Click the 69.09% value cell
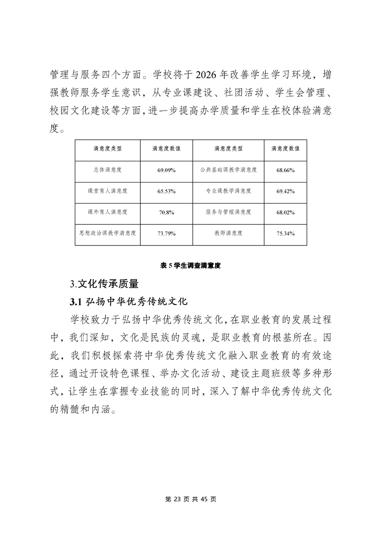pyautogui.click(x=166, y=170)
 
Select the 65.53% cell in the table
pyautogui.click(x=166, y=191)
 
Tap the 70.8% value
pyautogui.click(x=166, y=212)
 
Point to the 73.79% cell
pyautogui.click(x=166, y=233)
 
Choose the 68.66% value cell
pyautogui.click(x=285, y=170)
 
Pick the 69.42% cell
pyautogui.click(x=285, y=191)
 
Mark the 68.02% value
pyautogui.click(x=285, y=212)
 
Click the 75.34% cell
pyautogui.click(x=285, y=233)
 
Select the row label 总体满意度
pyautogui.click(x=108, y=170)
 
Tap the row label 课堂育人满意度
pyautogui.click(x=108, y=191)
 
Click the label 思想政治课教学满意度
pyautogui.click(x=108, y=233)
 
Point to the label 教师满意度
pyautogui.click(x=228, y=233)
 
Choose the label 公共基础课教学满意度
pyautogui.click(x=228, y=170)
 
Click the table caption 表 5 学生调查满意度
pyautogui.click(x=190, y=265)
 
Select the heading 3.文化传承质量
pyautogui.click(x=104, y=284)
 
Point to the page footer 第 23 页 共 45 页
pyautogui.click(x=191, y=499)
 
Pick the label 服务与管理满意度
pyautogui.click(x=228, y=212)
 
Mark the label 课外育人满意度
pyautogui.click(x=108, y=212)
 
